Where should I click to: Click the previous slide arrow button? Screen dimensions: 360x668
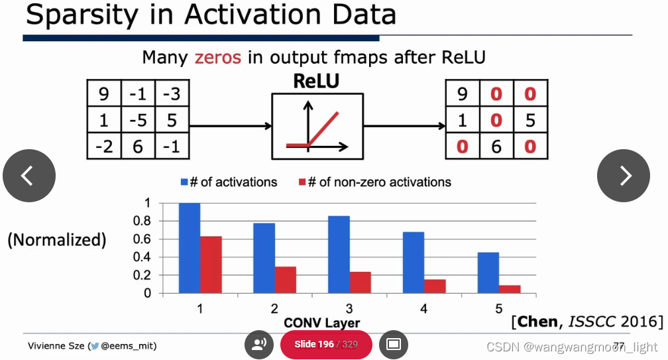28,176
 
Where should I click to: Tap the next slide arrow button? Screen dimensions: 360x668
624,176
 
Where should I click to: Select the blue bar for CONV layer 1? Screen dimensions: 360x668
190,248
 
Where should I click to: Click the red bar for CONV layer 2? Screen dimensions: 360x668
286,279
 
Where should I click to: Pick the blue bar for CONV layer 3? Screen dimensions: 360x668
339,255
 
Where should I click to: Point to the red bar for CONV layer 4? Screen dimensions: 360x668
435,286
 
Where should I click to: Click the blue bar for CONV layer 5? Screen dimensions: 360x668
488,272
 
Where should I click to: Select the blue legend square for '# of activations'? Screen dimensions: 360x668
185,182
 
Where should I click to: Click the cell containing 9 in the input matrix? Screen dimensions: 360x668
103,93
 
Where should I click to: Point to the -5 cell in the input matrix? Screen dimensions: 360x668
138,120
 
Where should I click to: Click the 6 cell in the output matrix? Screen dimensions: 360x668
496,146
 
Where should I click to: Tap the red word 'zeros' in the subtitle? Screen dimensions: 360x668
217,58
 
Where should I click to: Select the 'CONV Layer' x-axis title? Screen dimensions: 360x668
322,323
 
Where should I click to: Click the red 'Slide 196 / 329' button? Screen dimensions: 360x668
325,344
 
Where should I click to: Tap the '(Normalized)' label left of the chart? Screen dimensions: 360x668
57,239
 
